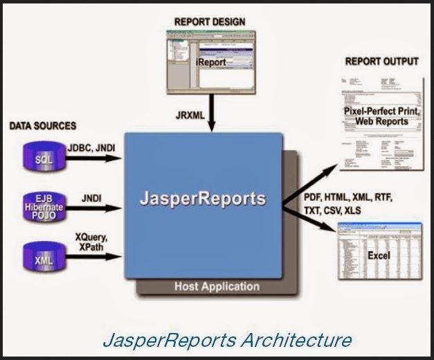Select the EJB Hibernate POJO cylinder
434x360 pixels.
pyautogui.click(x=43, y=206)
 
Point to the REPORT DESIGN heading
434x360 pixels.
pyautogui.click(x=209, y=21)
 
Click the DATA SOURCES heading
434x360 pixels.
pyautogui.click(x=42, y=127)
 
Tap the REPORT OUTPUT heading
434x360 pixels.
pyautogui.click(x=381, y=62)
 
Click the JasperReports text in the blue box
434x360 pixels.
pyautogui.click(x=202, y=199)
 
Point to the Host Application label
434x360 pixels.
pyautogui.click(x=216, y=286)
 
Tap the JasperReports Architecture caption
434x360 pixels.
pyautogui.click(x=226, y=340)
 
